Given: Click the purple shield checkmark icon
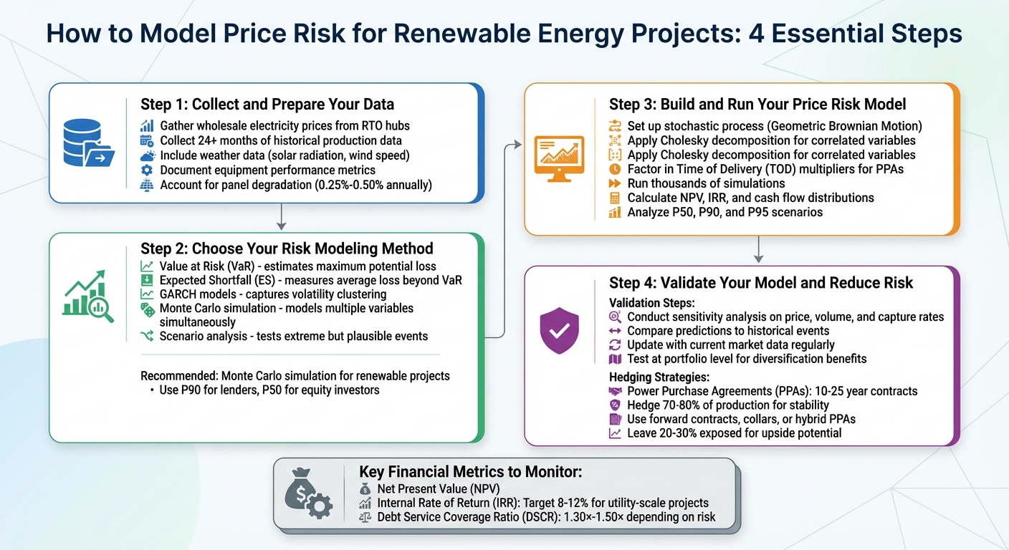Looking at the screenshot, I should pyautogui.click(x=559, y=330).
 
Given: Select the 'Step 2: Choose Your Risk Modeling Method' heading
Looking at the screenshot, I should pyautogui.click(x=287, y=249).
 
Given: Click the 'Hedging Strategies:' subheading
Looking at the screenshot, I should pyautogui.click(x=660, y=376).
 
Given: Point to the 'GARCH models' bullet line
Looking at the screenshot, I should pyautogui.click(x=272, y=294).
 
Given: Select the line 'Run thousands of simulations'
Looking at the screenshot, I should pyautogui.click(x=706, y=183).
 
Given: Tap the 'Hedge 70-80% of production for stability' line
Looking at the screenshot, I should pyautogui.click(x=742, y=405).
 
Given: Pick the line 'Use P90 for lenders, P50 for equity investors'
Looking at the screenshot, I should pyautogui.click(x=269, y=390).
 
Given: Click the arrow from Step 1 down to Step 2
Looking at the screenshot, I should pyautogui.click(x=282, y=217).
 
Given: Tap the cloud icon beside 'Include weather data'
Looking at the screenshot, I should pyautogui.click(x=148, y=155).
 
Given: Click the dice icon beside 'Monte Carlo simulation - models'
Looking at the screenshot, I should pyautogui.click(x=147, y=309).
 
